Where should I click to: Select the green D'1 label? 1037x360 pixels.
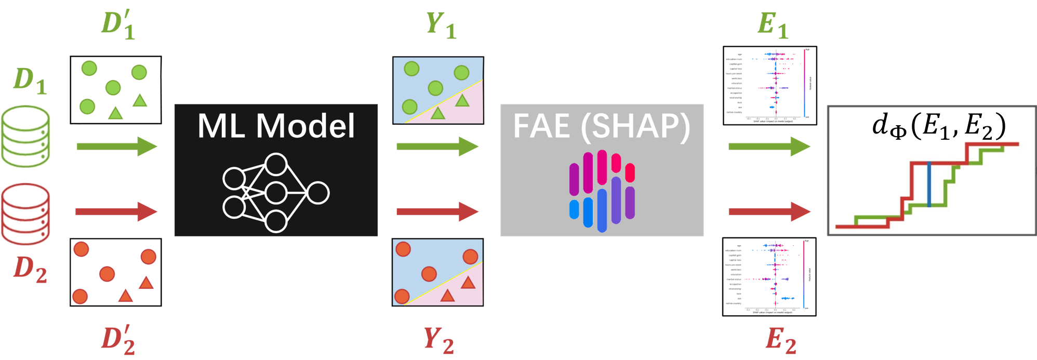tap(118, 24)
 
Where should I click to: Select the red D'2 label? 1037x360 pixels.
tap(118, 340)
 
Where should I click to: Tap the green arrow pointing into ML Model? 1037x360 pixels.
tap(116, 146)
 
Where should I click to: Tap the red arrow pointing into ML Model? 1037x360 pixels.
tap(116, 211)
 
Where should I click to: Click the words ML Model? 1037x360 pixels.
tap(276, 126)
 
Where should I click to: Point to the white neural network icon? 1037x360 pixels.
tap(276, 193)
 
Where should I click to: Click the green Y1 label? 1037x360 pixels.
tap(441, 24)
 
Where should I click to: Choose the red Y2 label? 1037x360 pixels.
tap(438, 340)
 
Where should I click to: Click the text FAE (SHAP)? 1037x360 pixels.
tap(602, 126)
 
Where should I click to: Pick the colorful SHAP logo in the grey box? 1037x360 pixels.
tap(602, 191)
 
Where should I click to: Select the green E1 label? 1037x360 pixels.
tap(773, 24)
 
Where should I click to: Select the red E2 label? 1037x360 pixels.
tap(781, 340)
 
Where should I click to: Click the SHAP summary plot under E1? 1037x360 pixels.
tap(770, 86)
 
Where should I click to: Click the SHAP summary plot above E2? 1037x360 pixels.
tap(769, 276)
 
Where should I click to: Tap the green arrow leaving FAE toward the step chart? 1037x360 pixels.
tap(769, 146)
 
